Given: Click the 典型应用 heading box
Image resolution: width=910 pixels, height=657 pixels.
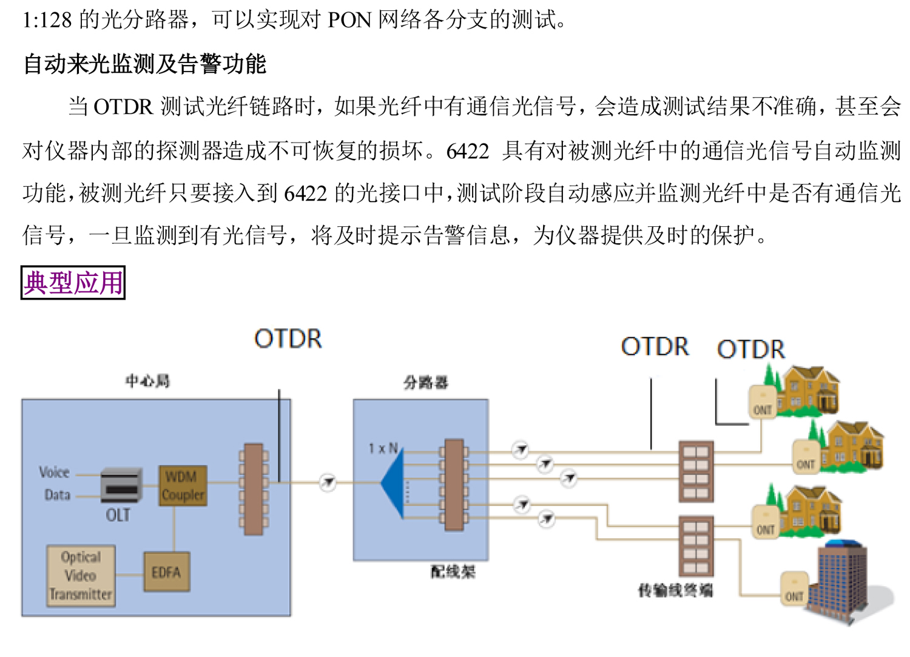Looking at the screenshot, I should pyautogui.click(x=73, y=283).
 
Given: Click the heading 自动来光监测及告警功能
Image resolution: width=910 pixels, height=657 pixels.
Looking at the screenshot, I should pyautogui.click(x=144, y=64).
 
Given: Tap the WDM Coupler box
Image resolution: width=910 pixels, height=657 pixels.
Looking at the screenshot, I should pyautogui.click(x=183, y=486).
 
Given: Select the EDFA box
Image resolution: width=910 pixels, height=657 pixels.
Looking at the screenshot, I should pyautogui.click(x=166, y=572).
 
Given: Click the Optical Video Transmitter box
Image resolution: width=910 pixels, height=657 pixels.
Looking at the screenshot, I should pyautogui.click(x=81, y=576).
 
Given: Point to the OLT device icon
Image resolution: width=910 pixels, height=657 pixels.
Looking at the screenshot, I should pyautogui.click(x=121, y=484).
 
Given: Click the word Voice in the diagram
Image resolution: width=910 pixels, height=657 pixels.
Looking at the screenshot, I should pyautogui.click(x=54, y=472).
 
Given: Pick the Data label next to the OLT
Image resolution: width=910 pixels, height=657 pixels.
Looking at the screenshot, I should pyautogui.click(x=57, y=495).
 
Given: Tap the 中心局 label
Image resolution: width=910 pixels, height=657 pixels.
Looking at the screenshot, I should pyautogui.click(x=147, y=381).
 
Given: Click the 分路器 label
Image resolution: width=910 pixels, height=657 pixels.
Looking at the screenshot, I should pyautogui.click(x=426, y=382).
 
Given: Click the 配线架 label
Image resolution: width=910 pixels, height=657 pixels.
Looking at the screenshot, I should pyautogui.click(x=453, y=571).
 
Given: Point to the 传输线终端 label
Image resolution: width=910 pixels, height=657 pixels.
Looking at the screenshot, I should pyautogui.click(x=675, y=590).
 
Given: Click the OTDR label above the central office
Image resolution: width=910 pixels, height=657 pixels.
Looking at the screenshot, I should pyautogui.click(x=288, y=339).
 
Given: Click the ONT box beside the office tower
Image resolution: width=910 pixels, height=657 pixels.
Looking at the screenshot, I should pyautogui.click(x=794, y=588).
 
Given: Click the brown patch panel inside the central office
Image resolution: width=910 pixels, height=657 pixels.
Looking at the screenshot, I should pyautogui.click(x=254, y=489).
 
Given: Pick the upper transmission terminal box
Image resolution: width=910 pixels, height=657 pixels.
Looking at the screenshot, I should pyautogui.click(x=696, y=471).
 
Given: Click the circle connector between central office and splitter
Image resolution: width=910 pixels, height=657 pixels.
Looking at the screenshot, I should pyautogui.click(x=328, y=483).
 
